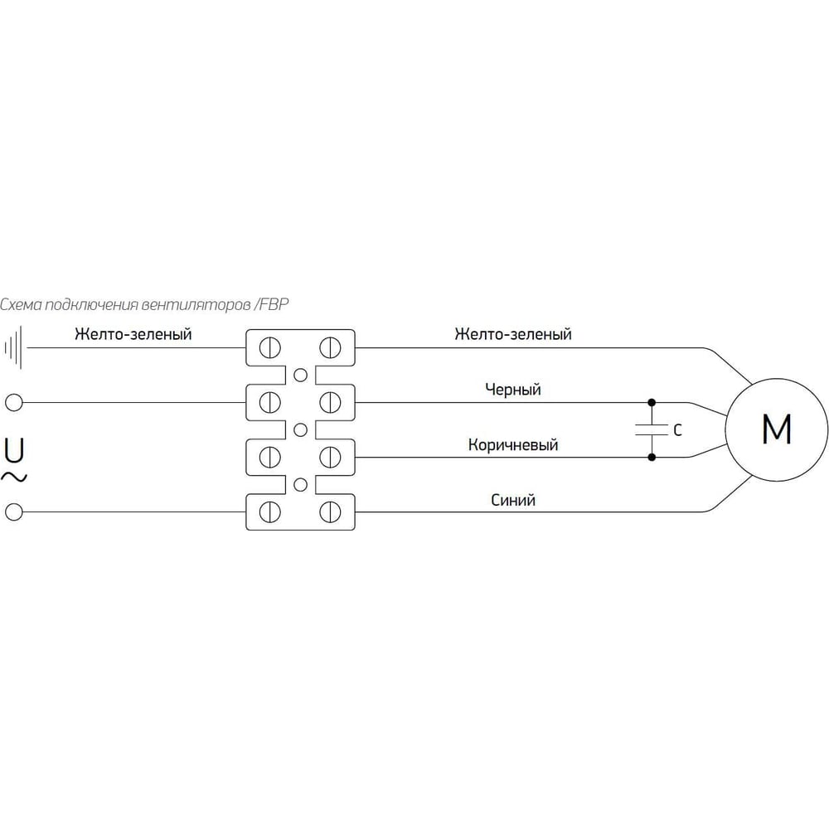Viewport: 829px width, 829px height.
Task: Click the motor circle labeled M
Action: tap(776, 429)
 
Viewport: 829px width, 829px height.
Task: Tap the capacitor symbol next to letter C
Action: tap(652, 429)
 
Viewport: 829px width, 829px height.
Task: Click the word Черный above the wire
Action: tap(512, 389)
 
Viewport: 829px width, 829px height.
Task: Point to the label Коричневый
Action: tap(513, 445)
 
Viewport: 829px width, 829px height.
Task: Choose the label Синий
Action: tap(513, 500)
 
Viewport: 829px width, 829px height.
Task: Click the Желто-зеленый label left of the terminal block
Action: tap(133, 334)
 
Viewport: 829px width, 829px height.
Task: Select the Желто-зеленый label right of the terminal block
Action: tap(513, 334)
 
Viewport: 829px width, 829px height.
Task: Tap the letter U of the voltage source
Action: tap(14, 450)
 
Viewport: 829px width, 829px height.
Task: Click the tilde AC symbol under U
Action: tap(15, 477)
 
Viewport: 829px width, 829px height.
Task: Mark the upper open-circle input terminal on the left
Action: tap(13, 403)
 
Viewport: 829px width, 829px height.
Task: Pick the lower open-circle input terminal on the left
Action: tap(13, 512)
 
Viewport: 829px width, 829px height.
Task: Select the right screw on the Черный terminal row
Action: tap(330, 403)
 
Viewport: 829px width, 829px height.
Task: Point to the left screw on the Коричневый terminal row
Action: tap(269, 458)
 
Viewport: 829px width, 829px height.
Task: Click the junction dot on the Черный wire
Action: tap(652, 403)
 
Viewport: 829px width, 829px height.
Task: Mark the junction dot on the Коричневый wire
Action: tap(652, 457)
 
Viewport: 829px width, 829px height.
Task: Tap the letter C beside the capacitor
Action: tap(676, 430)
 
